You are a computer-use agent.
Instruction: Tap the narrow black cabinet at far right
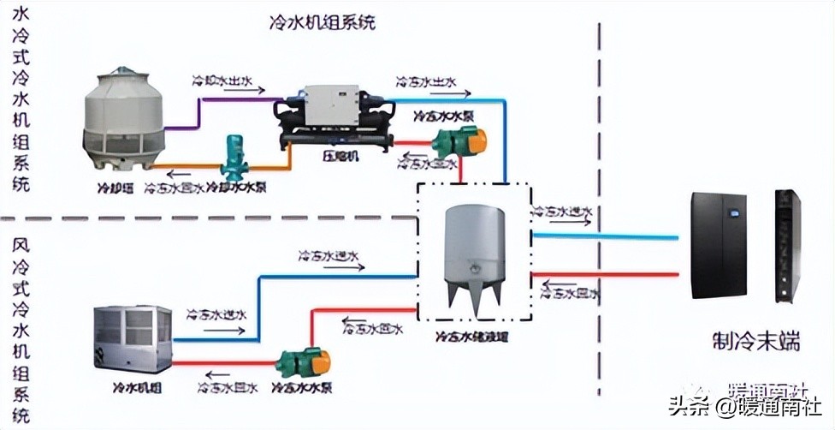[x=786, y=247]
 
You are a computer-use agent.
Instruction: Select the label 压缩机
[x=340, y=156]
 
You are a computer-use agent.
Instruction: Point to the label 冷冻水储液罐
[x=472, y=336]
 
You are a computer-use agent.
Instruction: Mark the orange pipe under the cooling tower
[x=184, y=166]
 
